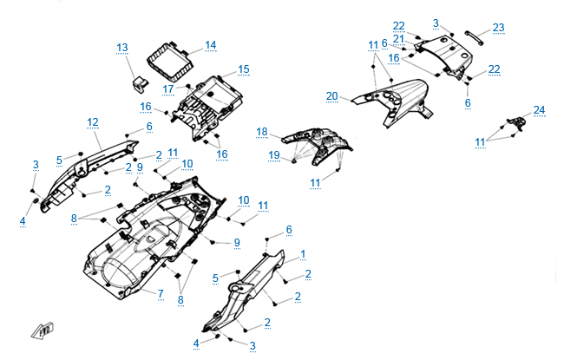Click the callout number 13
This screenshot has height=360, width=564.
click(121, 47)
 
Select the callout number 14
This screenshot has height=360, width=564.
click(210, 44)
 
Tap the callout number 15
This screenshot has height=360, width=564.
click(243, 69)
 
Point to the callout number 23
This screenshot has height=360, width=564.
click(498, 27)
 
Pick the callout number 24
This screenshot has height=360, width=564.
click(540, 109)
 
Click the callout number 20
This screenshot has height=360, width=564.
click(331, 95)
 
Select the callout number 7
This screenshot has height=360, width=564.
click(161, 293)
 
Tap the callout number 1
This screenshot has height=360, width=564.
click(303, 253)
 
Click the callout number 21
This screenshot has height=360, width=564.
click(398, 38)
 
